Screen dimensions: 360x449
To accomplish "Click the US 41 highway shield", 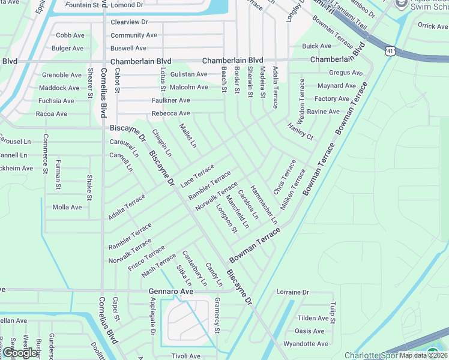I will click(390, 52).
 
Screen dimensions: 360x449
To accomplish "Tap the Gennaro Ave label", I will click(171, 291).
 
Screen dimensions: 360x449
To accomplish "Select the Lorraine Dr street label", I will click(292, 292).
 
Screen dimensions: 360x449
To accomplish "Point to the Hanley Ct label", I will click(300, 133).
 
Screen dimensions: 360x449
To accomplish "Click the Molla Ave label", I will click(67, 207).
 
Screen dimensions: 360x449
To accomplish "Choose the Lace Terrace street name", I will click(197, 174).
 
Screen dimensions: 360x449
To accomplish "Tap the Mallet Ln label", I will click(188, 135).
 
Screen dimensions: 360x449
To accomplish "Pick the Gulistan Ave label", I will click(188, 74).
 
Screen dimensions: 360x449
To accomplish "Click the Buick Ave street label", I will click(316, 46).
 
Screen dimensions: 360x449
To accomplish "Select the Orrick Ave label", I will click(433, 26).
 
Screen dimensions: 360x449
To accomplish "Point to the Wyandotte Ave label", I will click(306, 344).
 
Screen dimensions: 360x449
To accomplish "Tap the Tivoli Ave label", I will click(185, 356).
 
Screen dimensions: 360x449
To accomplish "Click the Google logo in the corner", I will click(20, 353).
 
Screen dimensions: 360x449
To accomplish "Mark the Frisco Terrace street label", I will click(146, 258).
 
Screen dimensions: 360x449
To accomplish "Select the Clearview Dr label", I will click(129, 22).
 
